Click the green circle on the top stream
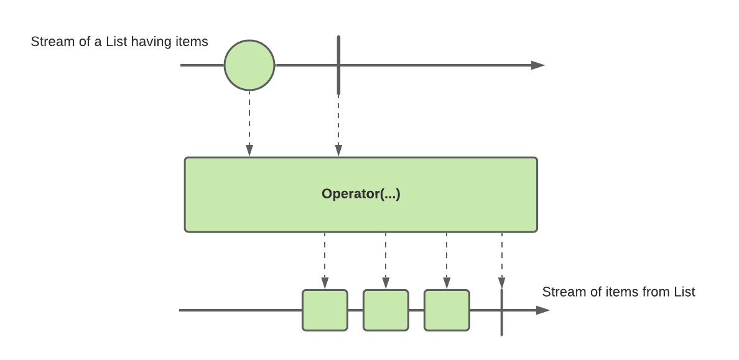click(249, 65)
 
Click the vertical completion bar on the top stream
click(338, 65)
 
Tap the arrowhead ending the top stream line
click(537, 65)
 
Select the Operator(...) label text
click(361, 193)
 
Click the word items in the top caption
click(192, 42)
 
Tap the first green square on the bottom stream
click(325, 310)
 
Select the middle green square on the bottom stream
click(386, 310)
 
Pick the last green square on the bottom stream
click(447, 310)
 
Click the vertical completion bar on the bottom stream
click(501, 312)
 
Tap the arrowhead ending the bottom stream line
click(543, 310)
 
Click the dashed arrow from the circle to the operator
click(249, 124)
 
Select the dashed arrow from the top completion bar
click(338, 126)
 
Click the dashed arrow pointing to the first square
click(325, 261)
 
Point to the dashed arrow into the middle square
click(386, 261)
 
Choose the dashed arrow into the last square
click(447, 261)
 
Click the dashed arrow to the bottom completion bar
click(502, 261)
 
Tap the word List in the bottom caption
click(685, 292)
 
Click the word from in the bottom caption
click(656, 292)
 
